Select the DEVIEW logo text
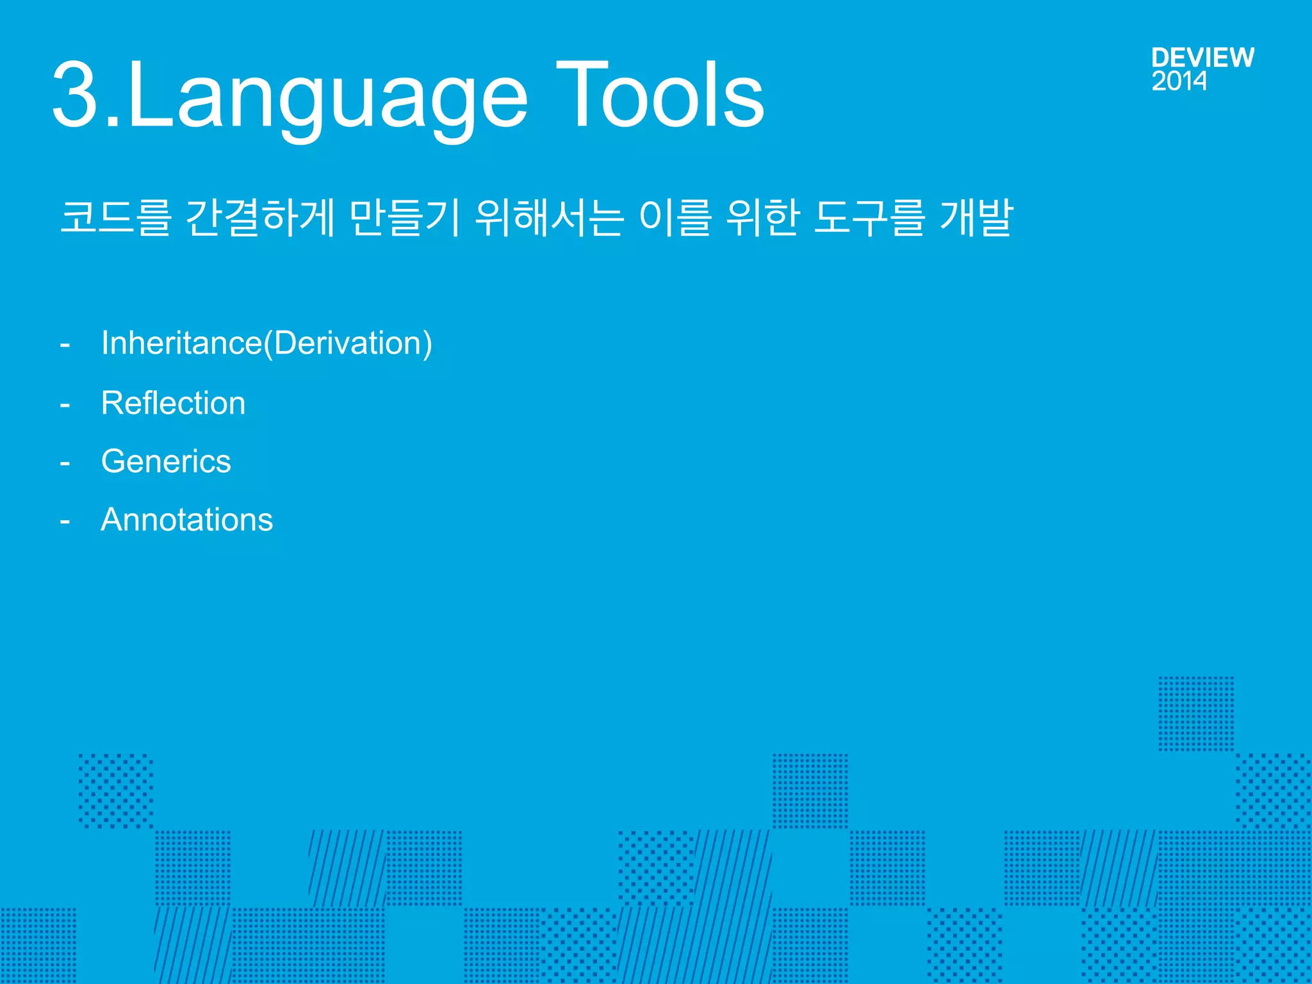[x=1202, y=58]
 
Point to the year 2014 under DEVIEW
[x=1179, y=81]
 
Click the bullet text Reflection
[x=173, y=403]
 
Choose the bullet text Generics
[x=166, y=461]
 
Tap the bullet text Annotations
[x=186, y=520]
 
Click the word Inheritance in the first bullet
[x=181, y=343]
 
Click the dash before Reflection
[x=65, y=405]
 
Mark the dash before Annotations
[x=65, y=521]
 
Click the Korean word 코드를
[x=116, y=217]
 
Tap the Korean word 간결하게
[x=260, y=217]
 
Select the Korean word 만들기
[x=405, y=217]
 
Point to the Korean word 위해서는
[x=550, y=217]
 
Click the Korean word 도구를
[x=869, y=217]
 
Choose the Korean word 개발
[x=976, y=217]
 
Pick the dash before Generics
[x=65, y=463]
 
